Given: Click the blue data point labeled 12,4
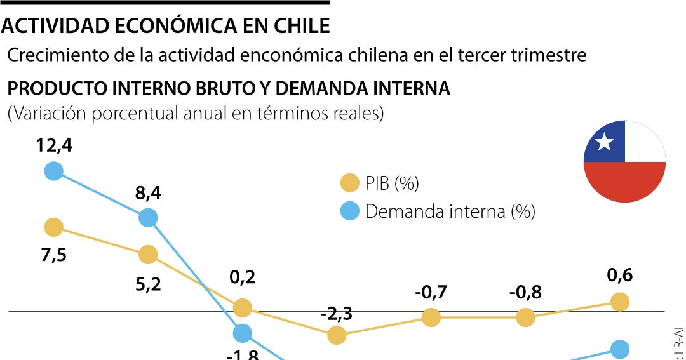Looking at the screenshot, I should click(54, 171).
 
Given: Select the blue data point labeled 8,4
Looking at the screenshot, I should click(147, 218).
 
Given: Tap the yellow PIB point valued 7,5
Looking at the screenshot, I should click(54, 227).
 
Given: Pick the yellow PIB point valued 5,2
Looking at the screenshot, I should click(147, 255).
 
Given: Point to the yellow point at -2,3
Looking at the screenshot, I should click(337, 335).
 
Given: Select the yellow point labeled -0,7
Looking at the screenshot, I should click(431, 317).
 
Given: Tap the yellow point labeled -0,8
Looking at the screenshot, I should click(525, 317).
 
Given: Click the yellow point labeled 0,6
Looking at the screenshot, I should click(619, 302).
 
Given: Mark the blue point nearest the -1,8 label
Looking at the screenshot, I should click(242, 333).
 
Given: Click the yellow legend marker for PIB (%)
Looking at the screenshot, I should click(349, 183).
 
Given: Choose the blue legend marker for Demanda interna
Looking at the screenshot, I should click(349, 211).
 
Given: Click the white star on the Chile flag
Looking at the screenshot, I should click(604, 142).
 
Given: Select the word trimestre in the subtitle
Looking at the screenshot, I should click(549, 55).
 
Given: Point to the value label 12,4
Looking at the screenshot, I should click(54, 145).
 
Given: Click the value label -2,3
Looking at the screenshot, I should click(337, 314).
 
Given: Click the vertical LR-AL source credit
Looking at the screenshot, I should click(680, 340).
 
